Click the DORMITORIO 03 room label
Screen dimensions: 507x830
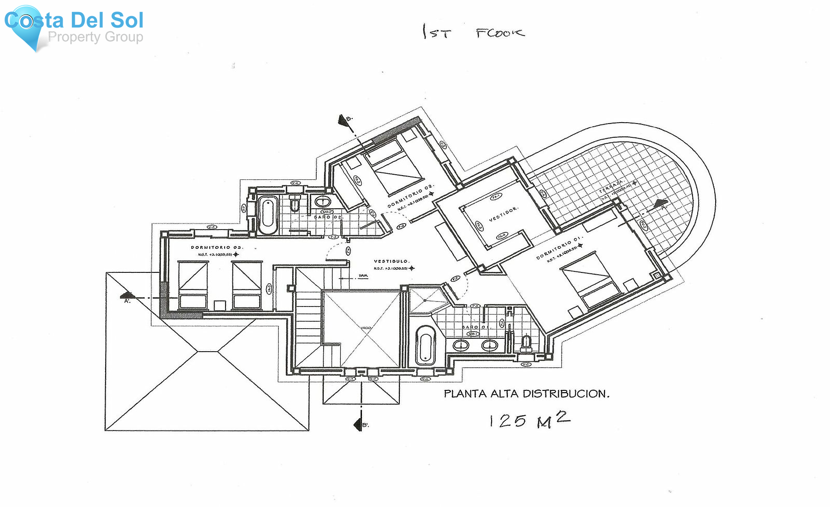pyautogui.click(x=217, y=248)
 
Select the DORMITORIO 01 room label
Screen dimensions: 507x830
pyautogui.click(x=559, y=249)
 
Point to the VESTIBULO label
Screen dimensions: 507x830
pyautogui.click(x=391, y=261)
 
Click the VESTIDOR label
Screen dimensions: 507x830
pyautogui.click(x=503, y=214)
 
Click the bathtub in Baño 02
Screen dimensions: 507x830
pyautogui.click(x=267, y=215)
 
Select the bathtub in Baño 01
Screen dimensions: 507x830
pyautogui.click(x=425, y=345)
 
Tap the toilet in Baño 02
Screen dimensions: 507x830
pyautogui.click(x=296, y=203)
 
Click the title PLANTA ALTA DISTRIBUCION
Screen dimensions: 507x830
pyautogui.click(x=526, y=394)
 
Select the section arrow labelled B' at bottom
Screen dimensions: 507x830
pyautogui.click(x=358, y=424)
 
